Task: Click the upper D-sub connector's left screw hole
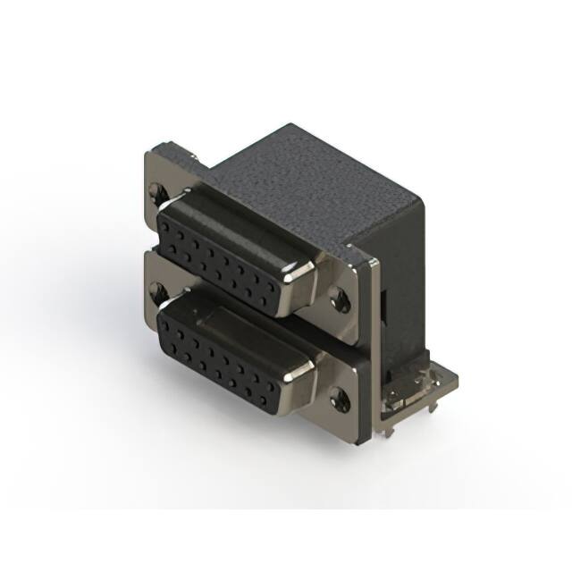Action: point(158,189)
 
